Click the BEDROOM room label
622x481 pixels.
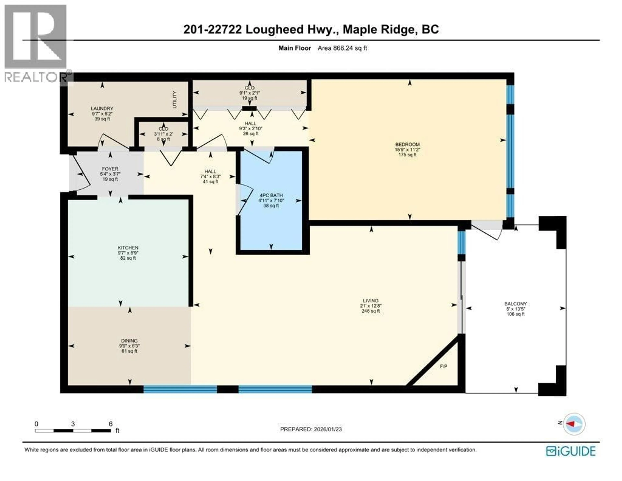[407, 144]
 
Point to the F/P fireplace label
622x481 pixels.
[443, 366]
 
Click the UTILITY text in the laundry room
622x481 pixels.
[175, 100]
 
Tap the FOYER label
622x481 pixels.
[110, 169]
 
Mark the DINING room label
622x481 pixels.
[129, 341]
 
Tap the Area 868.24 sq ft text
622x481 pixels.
[342, 48]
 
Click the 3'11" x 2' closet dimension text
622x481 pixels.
[163, 134]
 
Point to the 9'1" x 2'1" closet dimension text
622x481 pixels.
[249, 93]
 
